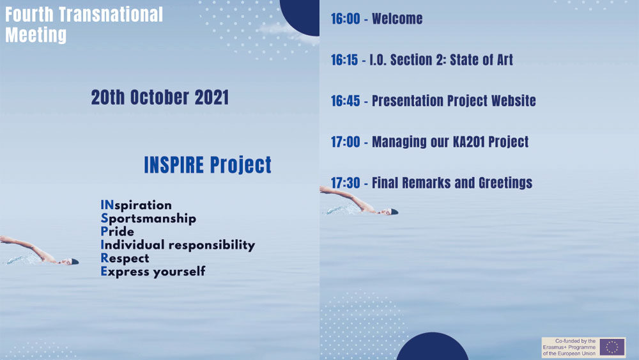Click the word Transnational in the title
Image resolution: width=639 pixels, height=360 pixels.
[x=111, y=15]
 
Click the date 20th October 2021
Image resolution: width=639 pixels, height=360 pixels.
[x=160, y=97]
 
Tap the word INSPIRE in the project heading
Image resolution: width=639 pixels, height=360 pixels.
[x=174, y=164]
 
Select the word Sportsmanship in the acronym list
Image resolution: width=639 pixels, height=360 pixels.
[x=148, y=219]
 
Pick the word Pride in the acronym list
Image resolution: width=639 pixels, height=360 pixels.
[x=118, y=231]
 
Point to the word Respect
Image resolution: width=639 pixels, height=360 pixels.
[x=125, y=258]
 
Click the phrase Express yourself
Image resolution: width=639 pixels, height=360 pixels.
[x=153, y=272]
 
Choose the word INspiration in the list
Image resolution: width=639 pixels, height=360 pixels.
[x=136, y=205]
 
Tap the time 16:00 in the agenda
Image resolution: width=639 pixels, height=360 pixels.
[x=346, y=19]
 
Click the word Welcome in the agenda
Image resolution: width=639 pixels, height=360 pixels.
[x=397, y=19]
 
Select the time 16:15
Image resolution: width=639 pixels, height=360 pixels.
[x=344, y=60]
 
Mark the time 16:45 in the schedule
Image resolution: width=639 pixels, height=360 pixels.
[x=346, y=100]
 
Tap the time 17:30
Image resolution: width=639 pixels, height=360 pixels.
[x=346, y=183]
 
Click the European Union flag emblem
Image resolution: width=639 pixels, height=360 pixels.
[x=612, y=347]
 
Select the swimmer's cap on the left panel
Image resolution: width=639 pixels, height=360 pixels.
[x=75, y=262]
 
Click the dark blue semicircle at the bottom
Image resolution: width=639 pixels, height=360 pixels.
[x=433, y=347]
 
